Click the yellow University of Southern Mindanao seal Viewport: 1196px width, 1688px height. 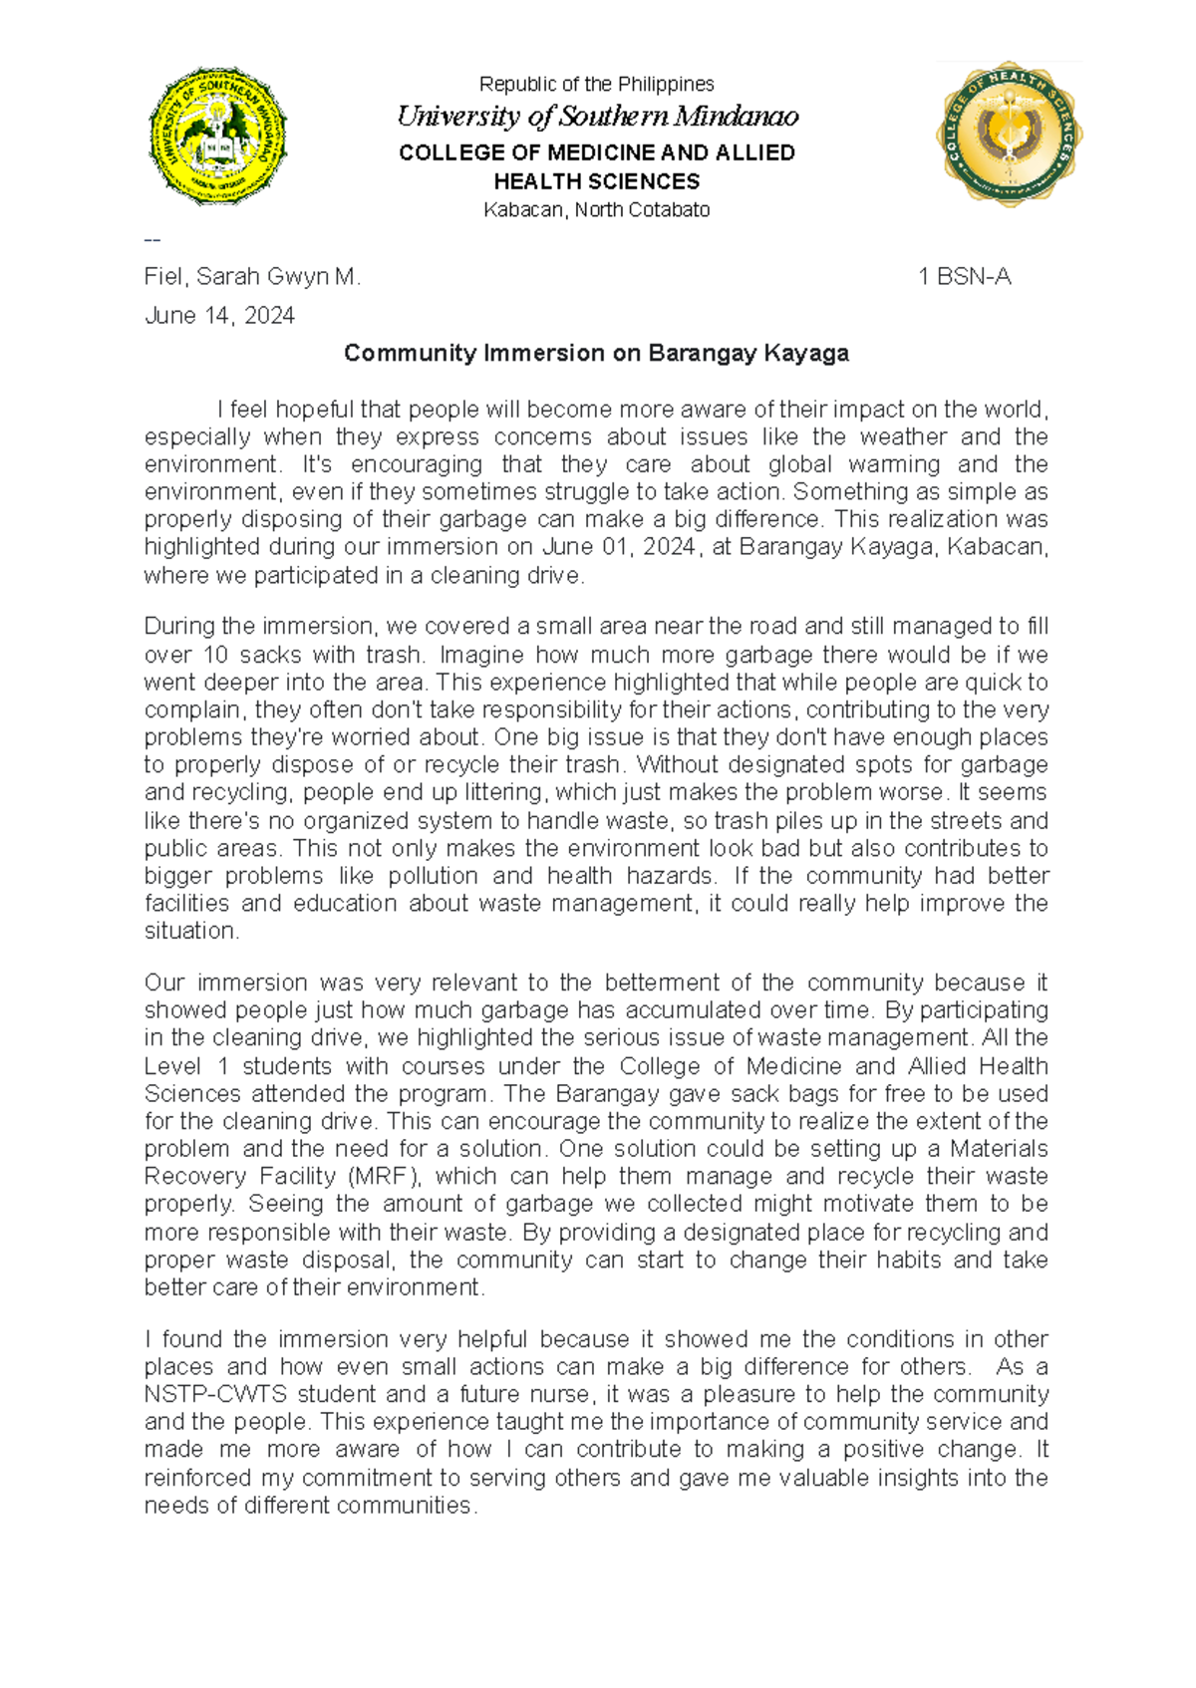point(217,136)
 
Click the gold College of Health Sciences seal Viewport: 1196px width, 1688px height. point(1010,134)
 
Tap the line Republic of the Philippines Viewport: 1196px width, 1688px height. point(596,85)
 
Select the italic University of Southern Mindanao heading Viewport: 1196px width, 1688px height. point(597,117)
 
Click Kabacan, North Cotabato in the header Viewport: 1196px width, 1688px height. point(596,210)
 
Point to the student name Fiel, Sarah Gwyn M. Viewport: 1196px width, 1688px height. point(252,277)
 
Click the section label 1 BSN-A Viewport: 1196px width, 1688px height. point(964,277)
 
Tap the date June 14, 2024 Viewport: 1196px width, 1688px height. point(219,316)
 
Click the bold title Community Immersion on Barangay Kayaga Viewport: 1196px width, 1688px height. point(596,353)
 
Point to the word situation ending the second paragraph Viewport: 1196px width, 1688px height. point(190,931)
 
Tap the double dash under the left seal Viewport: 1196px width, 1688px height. point(152,240)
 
